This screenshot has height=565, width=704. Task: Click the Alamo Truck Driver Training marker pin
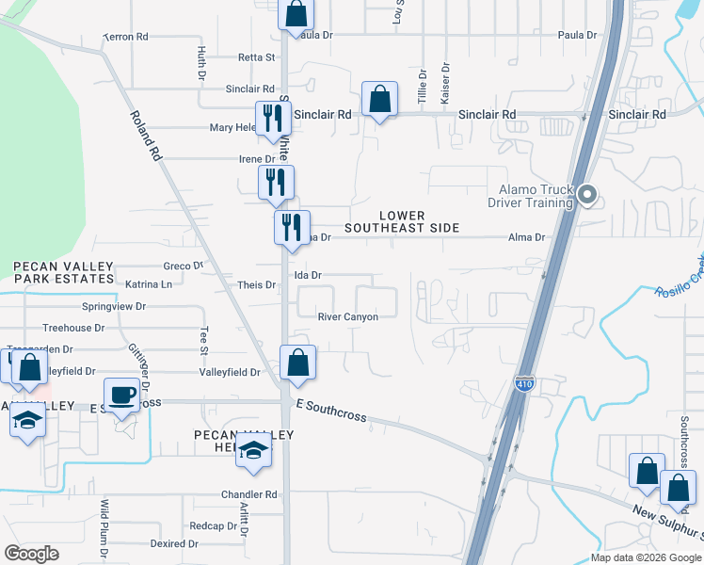click(x=588, y=196)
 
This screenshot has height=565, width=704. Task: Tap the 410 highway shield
click(x=524, y=384)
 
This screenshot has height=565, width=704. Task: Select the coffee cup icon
click(x=120, y=396)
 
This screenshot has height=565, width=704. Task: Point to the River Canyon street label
click(x=348, y=317)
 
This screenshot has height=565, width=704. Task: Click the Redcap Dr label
click(x=206, y=525)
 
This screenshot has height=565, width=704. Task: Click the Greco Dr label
click(x=184, y=266)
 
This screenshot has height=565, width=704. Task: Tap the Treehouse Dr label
click(x=73, y=328)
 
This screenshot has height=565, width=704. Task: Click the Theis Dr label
click(x=257, y=285)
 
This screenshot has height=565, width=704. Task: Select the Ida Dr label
click(x=309, y=275)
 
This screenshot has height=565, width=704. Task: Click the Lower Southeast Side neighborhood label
click(x=402, y=221)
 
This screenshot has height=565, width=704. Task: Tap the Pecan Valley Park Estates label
click(x=63, y=273)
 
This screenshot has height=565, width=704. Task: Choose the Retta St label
click(x=256, y=57)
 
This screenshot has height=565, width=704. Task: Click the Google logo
click(x=31, y=554)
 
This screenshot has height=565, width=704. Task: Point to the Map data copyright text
click(x=646, y=557)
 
